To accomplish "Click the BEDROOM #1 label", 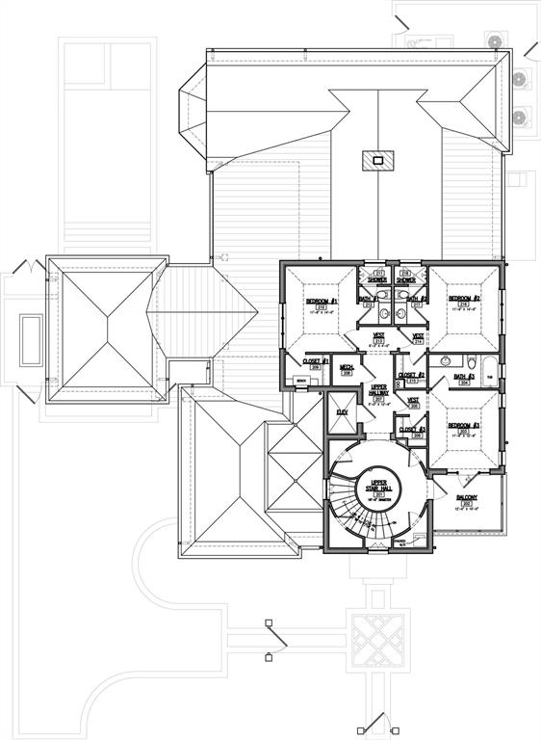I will pos(320,302).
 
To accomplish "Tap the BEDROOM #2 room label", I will pos(463,300).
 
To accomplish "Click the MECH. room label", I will pos(347,367).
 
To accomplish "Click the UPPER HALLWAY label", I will pos(378,390).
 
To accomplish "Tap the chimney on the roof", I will pos(377,160).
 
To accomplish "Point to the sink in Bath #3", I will pos(444,362).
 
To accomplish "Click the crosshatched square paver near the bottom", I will pos(371,637).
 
